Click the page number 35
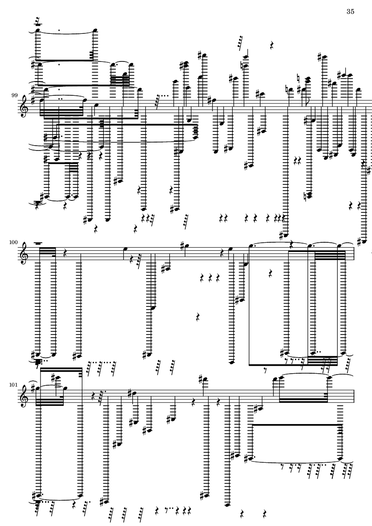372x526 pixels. pyautogui.click(x=350, y=12)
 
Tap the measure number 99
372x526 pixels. pyautogui.click(x=14, y=95)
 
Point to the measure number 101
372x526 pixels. pyautogui.click(x=14, y=385)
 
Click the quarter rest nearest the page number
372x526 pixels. pyautogui.click(x=272, y=45)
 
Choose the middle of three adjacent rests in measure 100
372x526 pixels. pyautogui.click(x=210, y=277)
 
